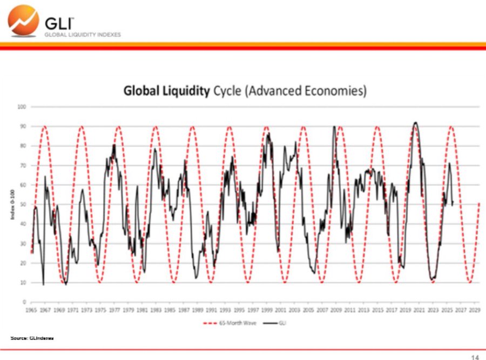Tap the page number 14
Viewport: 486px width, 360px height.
tap(475, 357)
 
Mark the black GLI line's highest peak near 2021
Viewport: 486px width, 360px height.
tap(415, 122)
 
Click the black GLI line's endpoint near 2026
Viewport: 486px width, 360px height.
tap(452, 204)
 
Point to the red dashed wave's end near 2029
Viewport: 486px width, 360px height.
tap(480, 203)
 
